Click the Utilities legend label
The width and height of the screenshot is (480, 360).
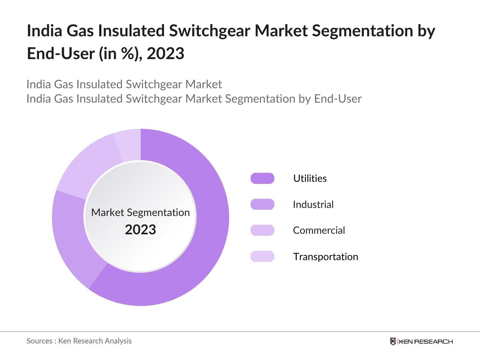tap(310, 178)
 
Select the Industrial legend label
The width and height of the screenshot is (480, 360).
tap(313, 205)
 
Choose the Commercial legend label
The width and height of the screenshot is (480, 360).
tap(319, 230)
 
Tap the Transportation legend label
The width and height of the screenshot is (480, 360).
tap(325, 257)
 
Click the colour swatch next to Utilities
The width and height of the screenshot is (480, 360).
tap(262, 178)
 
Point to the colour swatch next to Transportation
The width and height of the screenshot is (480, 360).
tap(262, 256)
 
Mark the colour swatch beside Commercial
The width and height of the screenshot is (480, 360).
tap(262, 230)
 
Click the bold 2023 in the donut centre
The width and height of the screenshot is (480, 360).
tap(140, 230)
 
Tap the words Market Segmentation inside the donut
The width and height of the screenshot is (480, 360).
tap(140, 212)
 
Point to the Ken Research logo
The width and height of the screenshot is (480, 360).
tap(421, 341)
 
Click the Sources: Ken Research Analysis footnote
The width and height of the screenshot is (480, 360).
tap(79, 341)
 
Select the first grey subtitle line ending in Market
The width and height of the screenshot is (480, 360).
tap(124, 84)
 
